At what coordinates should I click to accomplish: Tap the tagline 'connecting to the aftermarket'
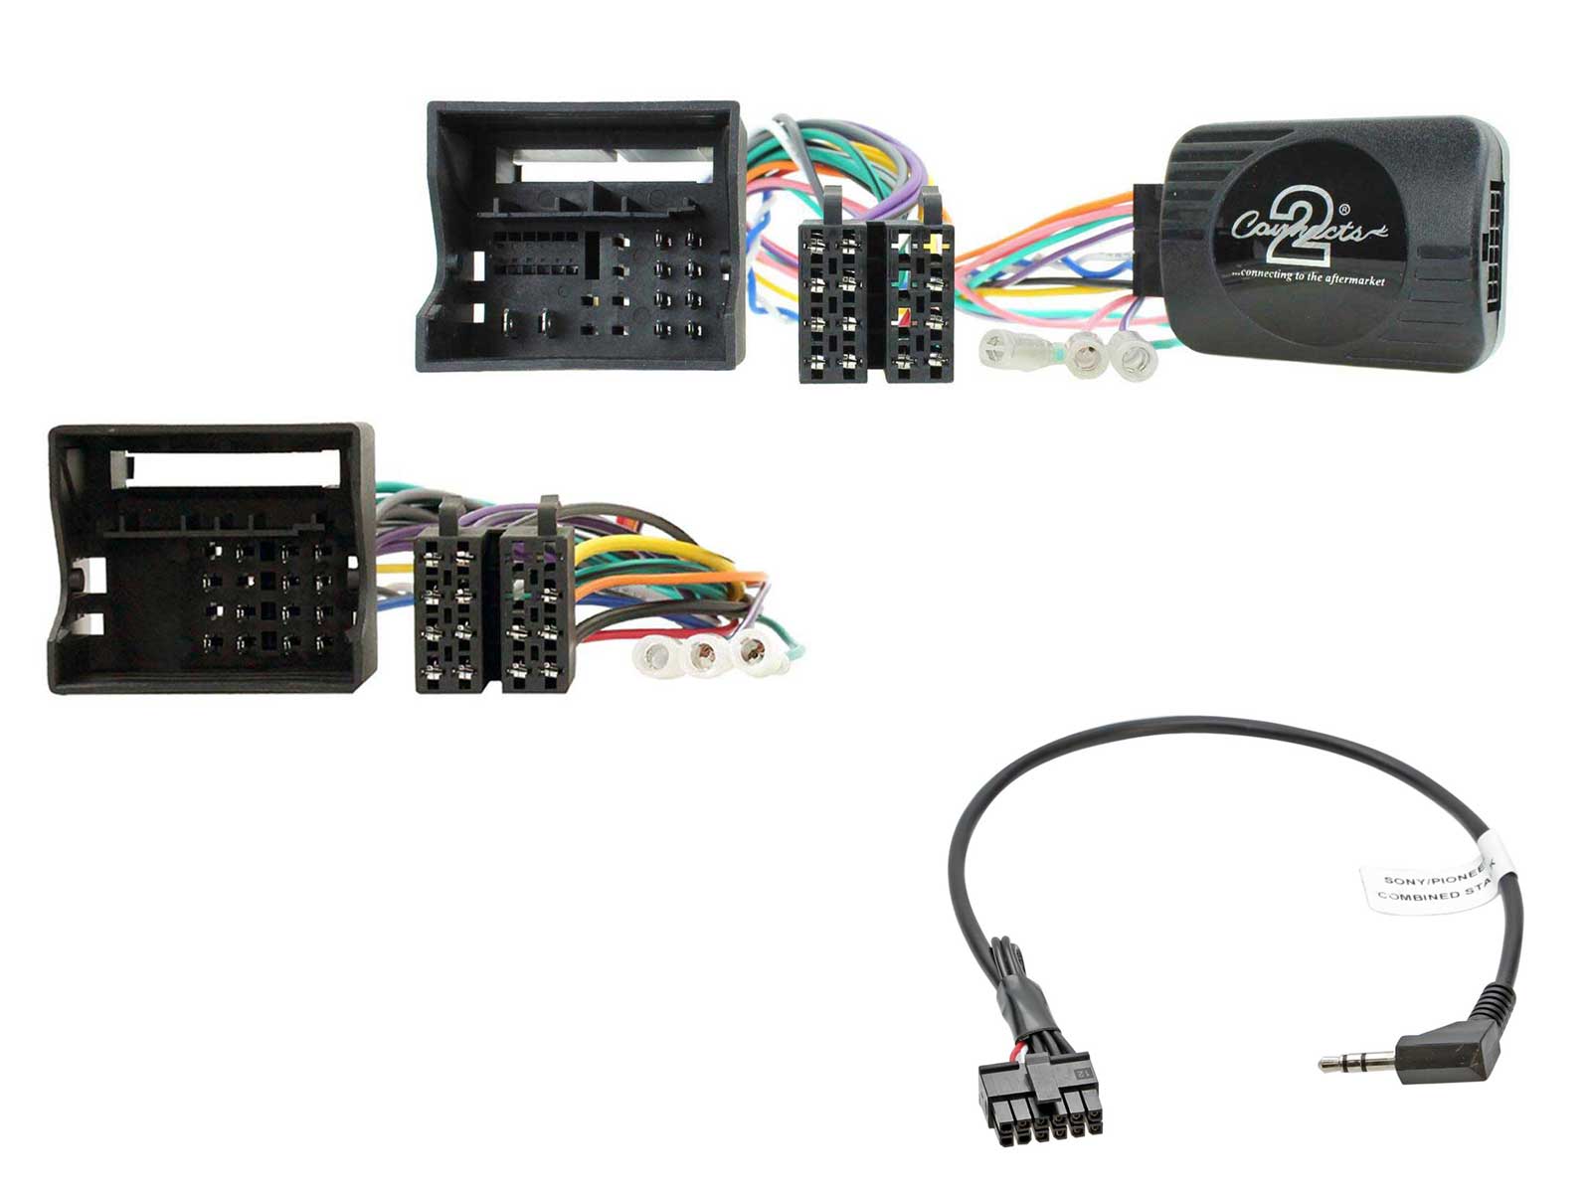pos(1308,277)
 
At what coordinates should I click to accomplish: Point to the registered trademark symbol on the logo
pos(1344,210)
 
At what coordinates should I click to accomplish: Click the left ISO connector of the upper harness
pos(832,298)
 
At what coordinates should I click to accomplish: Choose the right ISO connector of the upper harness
pos(919,298)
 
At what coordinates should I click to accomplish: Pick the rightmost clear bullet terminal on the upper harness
pos(1133,355)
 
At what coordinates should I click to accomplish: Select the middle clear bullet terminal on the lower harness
pos(704,655)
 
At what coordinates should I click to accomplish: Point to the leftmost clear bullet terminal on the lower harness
pos(656,655)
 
